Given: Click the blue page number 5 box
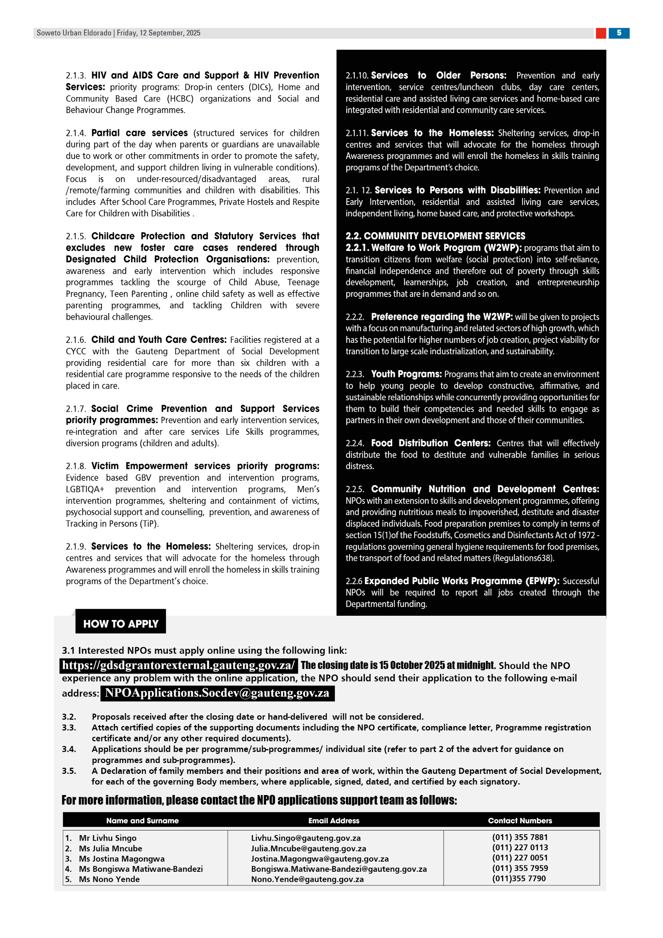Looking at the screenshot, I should pos(618,33).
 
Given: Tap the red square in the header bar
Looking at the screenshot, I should pos(601,33).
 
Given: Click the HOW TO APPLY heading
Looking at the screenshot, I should pos(121,623).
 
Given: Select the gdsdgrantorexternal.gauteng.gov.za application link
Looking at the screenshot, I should pos(178,665).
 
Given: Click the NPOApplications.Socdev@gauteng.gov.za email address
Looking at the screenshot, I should pos(217,693).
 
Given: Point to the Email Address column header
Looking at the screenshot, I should pos(334,820).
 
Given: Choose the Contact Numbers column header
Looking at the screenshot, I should pos(520,820).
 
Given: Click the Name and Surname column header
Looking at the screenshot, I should pos(142,820).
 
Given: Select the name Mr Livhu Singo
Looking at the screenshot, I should pos(108,838).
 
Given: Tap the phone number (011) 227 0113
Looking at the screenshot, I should pos(520,847).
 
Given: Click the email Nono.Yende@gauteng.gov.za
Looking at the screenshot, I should pos(307,879).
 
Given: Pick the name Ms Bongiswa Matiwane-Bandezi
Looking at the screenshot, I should pos(140,869).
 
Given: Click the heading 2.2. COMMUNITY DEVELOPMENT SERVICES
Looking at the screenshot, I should pos(435,236).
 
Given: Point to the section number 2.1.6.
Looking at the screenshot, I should pos(76,340).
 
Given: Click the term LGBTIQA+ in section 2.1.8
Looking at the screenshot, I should pos(85,489).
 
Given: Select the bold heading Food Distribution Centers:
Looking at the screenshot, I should pos(431,443).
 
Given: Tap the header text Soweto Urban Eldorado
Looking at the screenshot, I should pos(74,33).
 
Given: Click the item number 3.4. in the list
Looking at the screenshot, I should pos(69,749).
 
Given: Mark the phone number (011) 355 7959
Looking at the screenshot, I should pos(520,868).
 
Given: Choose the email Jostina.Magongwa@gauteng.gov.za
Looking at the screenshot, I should pos(320,859).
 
